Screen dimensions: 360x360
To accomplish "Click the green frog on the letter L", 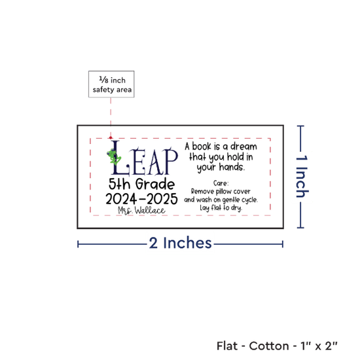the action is (114, 156).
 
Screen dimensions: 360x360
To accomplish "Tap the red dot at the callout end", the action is (111, 137).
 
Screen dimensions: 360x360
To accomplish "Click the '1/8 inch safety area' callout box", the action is (111, 84).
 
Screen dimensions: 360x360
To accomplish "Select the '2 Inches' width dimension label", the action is (180, 243).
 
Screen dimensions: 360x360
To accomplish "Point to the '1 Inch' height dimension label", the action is (302, 176).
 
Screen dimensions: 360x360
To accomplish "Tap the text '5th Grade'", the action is (141, 184).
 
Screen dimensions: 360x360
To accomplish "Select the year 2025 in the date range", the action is (162, 199).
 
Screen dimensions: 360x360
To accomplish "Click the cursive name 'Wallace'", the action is (150, 210).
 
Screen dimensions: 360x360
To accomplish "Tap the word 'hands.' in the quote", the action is (232, 167).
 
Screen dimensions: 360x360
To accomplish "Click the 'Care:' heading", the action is (221, 183).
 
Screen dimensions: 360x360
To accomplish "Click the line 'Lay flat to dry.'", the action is (221, 208).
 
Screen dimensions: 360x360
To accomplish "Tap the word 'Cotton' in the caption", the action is (269, 346).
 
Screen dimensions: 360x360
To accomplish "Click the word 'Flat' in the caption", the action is (227, 346).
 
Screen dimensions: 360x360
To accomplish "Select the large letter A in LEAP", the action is (154, 162).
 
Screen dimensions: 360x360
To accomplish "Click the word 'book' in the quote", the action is (202, 147).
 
